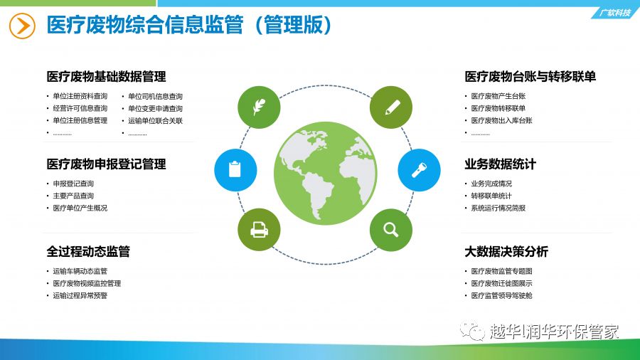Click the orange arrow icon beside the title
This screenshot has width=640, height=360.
click(22, 26)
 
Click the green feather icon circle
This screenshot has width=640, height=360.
click(259, 107)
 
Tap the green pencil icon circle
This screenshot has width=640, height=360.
click(391, 107)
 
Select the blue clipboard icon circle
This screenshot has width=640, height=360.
click(235, 170)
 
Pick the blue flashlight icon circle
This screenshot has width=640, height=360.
click(419, 170)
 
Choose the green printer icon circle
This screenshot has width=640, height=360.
click(259, 230)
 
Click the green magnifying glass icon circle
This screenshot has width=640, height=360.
click(391, 230)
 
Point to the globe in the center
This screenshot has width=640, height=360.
click(325, 173)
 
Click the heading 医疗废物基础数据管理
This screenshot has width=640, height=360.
click(106, 76)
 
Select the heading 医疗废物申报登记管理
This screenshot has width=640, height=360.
click(106, 164)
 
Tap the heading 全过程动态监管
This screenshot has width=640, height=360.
click(88, 251)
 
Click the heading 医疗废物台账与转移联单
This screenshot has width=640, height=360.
click(530, 76)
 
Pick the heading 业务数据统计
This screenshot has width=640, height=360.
click(500, 164)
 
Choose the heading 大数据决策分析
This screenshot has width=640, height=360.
click(506, 251)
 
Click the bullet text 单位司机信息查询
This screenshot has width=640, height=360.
click(155, 96)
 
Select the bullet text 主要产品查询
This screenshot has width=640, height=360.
click(73, 196)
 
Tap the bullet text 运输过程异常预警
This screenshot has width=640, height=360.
click(80, 295)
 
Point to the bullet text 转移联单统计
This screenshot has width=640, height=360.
click(491, 196)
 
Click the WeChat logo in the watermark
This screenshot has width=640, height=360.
click(472, 330)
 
